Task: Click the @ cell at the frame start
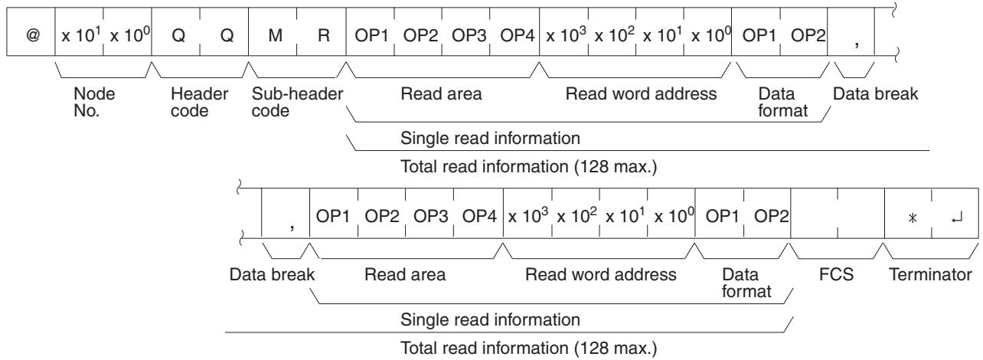tap(31, 32)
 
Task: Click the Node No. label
tap(94, 102)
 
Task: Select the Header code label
tap(199, 102)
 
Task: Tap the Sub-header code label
tap(297, 102)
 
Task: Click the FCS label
tap(836, 274)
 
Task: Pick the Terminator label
tap(930, 274)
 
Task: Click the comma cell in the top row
tap(851, 32)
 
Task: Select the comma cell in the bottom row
tap(286, 214)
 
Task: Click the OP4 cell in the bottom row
tap(478, 214)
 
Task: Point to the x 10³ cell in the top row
tap(564, 32)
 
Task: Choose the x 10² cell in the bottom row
tap(576, 214)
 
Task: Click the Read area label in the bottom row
tap(405, 274)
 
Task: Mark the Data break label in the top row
tap(876, 93)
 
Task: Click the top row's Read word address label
tap(641, 93)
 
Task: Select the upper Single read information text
tap(490, 138)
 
